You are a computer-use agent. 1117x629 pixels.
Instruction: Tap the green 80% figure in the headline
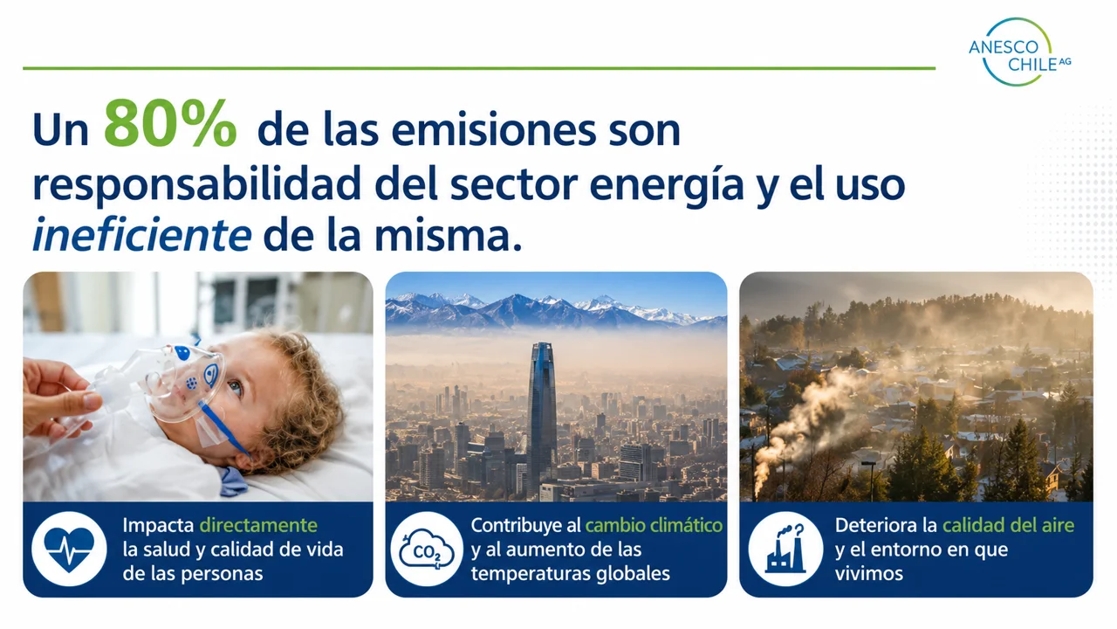coord(170,123)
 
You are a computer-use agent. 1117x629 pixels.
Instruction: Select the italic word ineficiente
coord(141,235)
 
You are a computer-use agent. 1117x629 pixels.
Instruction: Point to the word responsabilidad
coord(197,183)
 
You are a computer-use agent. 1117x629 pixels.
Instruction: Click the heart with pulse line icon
coord(69,550)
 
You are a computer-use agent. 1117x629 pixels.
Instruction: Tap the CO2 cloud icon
coord(427,550)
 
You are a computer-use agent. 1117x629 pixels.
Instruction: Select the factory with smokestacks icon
coord(785,550)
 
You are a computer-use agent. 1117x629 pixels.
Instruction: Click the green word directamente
coord(258,525)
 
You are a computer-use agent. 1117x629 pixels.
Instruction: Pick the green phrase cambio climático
coord(654,525)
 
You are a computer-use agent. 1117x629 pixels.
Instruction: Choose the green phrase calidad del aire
coord(1008,525)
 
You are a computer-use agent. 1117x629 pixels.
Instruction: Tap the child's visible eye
coord(235,387)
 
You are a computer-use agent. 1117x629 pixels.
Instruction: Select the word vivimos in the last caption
coord(868,574)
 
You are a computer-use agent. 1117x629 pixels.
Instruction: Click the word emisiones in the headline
coord(494,131)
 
